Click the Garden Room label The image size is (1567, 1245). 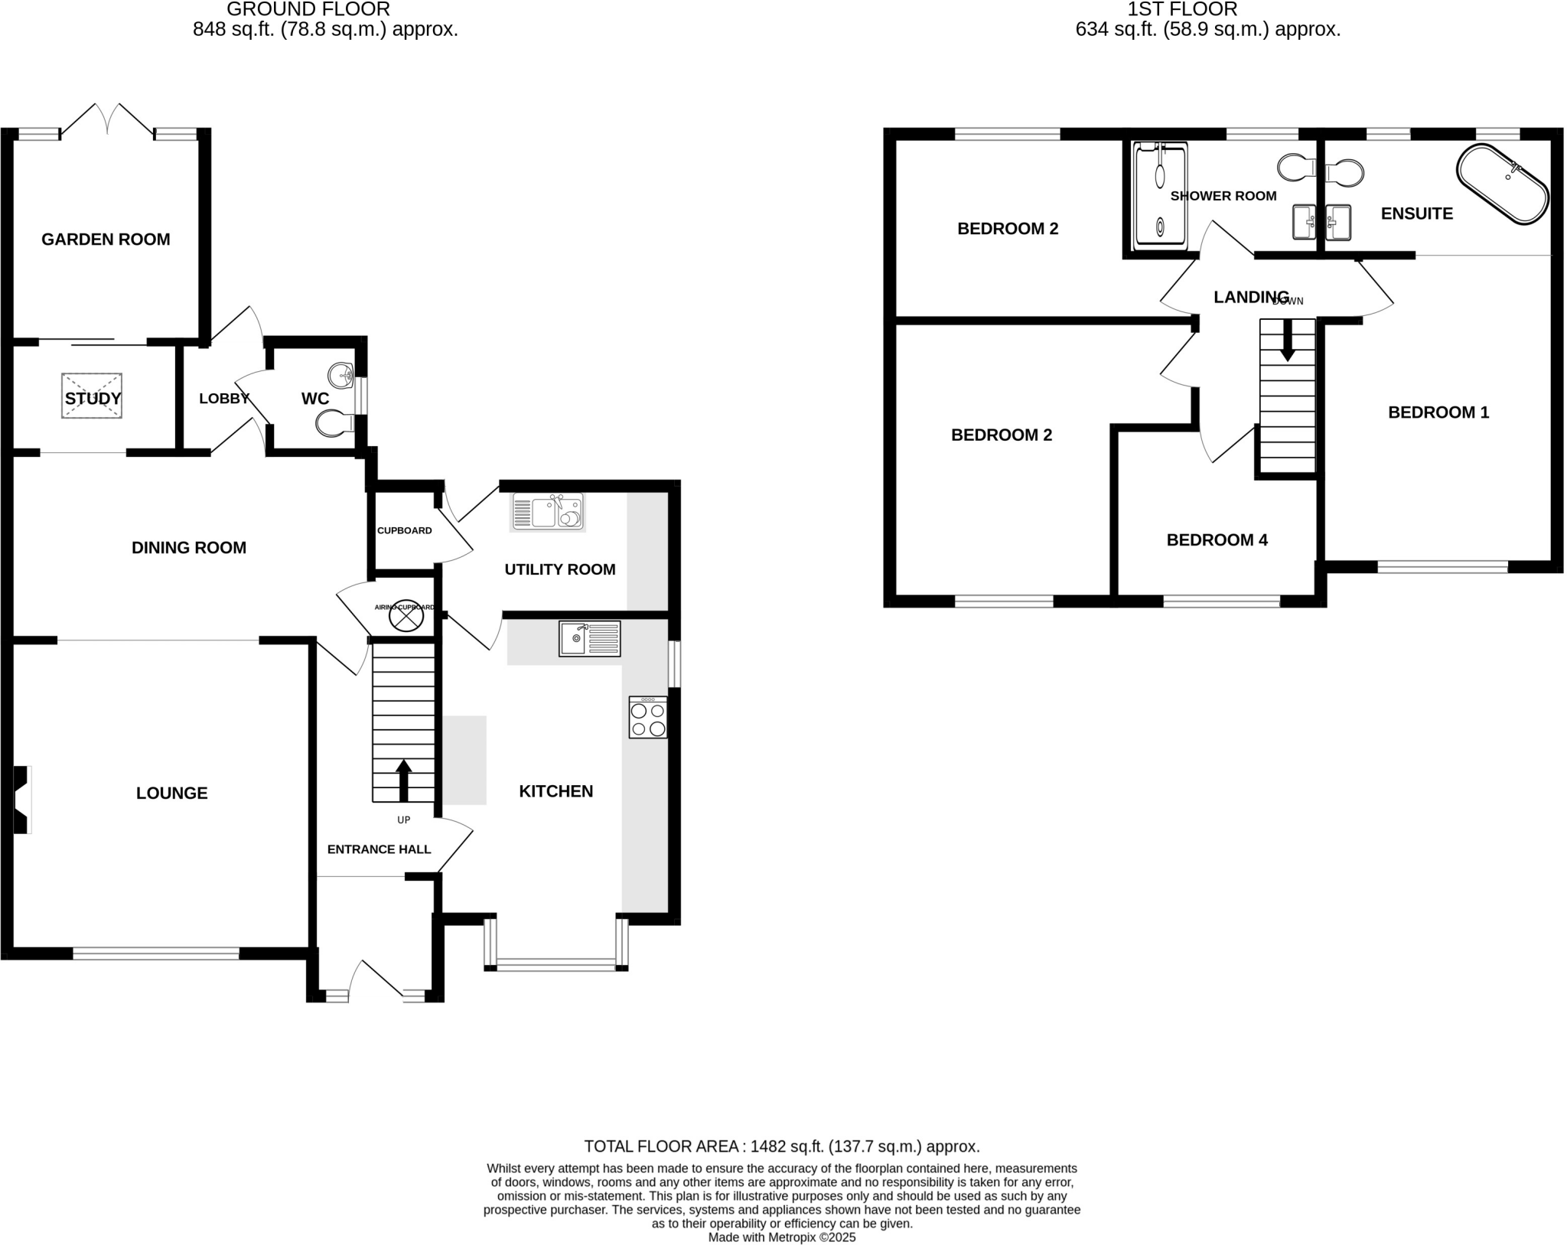(x=106, y=240)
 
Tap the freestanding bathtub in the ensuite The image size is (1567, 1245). (x=1501, y=184)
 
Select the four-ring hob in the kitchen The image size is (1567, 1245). (x=647, y=718)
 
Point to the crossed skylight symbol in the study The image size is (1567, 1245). (x=92, y=396)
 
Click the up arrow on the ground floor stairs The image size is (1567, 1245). (x=403, y=780)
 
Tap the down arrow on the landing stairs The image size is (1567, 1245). (x=1288, y=340)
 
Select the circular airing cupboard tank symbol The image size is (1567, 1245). (x=406, y=615)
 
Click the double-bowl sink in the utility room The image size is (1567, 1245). (x=548, y=512)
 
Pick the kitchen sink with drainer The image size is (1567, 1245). (x=589, y=639)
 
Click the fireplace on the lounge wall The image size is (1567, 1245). (x=22, y=800)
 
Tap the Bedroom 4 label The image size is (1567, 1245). (x=1217, y=540)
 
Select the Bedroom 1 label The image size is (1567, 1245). (x=1438, y=412)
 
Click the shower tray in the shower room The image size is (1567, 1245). (x=1160, y=196)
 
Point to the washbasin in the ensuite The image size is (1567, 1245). (x=1338, y=222)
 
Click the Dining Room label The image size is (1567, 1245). (x=189, y=548)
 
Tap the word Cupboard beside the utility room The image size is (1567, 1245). (x=404, y=530)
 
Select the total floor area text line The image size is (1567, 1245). (x=781, y=1146)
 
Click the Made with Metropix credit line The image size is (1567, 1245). (x=781, y=1237)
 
